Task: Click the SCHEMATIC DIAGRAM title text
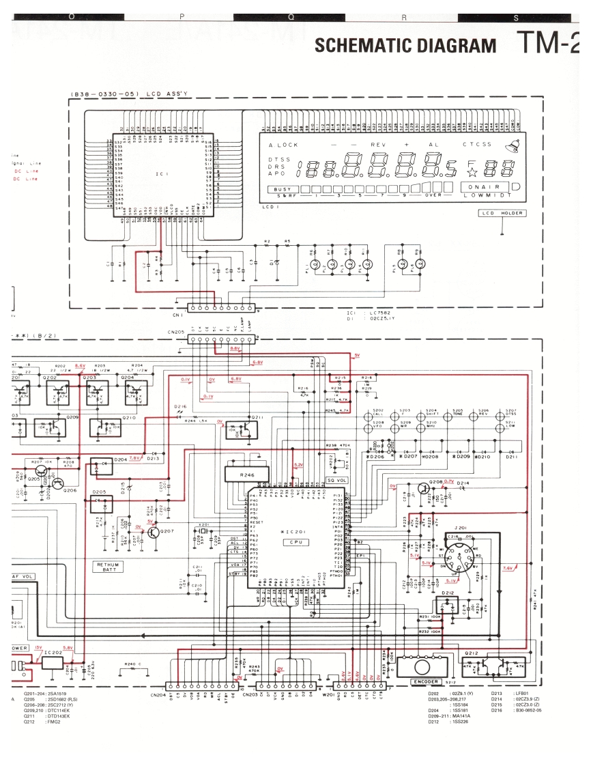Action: (405, 45)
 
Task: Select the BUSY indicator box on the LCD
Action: (282, 188)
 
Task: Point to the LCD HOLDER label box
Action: (502, 213)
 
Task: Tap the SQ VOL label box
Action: (337, 480)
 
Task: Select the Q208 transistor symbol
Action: (424, 487)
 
